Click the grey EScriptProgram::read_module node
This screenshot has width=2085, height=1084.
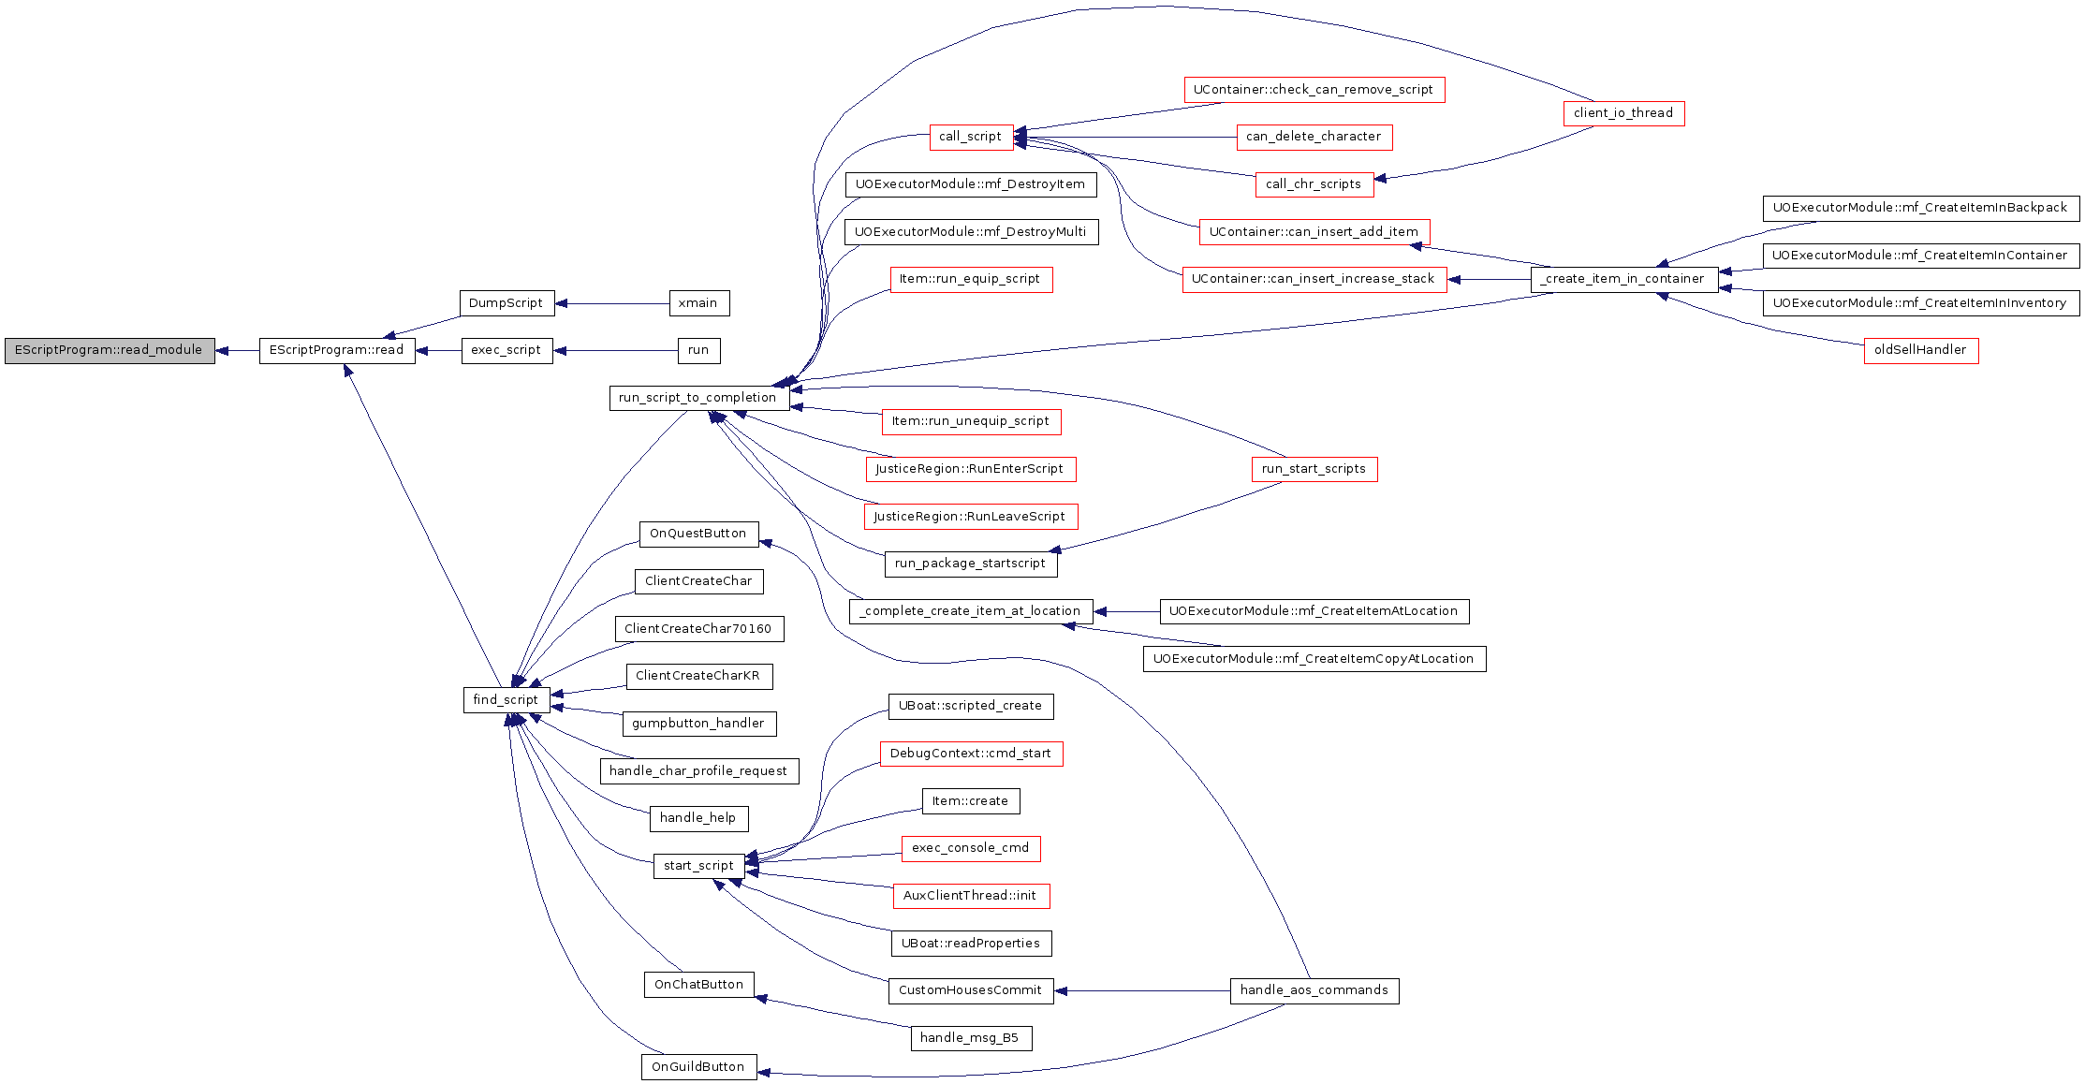point(110,351)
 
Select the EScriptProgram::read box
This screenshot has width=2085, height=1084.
point(337,351)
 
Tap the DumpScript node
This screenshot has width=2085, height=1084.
point(507,303)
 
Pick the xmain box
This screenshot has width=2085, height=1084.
point(698,303)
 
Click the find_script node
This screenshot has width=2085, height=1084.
point(507,700)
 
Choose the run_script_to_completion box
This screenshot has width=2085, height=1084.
point(698,398)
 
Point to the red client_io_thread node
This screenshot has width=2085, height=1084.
point(1623,113)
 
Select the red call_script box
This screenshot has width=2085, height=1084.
point(971,137)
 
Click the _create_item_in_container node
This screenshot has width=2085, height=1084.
point(1624,279)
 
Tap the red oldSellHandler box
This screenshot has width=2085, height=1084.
point(1921,350)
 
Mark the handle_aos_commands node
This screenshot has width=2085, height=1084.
point(1314,990)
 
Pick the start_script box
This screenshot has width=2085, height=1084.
point(698,866)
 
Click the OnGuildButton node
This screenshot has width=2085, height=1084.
point(698,1067)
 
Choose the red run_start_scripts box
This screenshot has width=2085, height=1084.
point(1314,469)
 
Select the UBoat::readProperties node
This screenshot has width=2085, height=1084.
point(971,944)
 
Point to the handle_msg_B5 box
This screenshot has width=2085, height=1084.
point(971,1038)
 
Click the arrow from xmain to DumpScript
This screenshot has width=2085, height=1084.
point(612,303)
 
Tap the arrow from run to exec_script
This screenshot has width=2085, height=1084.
point(615,351)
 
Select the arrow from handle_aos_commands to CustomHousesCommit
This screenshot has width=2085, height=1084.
point(1142,990)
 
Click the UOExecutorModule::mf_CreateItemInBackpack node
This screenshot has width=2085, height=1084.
point(1921,208)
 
